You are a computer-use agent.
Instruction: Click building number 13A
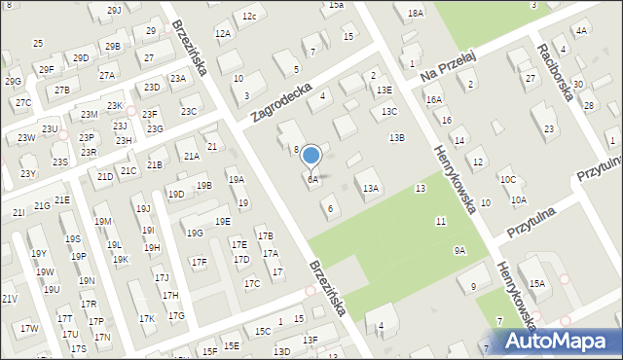pyautogui.click(x=370, y=189)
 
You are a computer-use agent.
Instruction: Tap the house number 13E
pyautogui.click(x=385, y=90)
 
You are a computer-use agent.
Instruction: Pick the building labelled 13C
pyautogui.click(x=389, y=112)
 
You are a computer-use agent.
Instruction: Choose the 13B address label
pyautogui.click(x=396, y=138)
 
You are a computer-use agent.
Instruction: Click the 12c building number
pyautogui.click(x=249, y=17)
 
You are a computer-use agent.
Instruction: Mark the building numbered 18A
pyautogui.click(x=416, y=13)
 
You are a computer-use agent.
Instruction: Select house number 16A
pyautogui.click(x=433, y=99)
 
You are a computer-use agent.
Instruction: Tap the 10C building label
pyautogui.click(x=507, y=180)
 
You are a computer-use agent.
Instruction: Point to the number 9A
pyautogui.click(x=459, y=251)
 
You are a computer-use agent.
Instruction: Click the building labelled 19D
pyautogui.click(x=175, y=194)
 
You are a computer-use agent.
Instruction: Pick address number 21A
pyautogui.click(x=191, y=156)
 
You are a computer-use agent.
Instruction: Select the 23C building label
pyautogui.click(x=189, y=111)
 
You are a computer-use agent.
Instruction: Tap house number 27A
pyautogui.click(x=107, y=75)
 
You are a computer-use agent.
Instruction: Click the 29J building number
pyautogui.click(x=114, y=10)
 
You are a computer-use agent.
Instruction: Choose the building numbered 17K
pyautogui.click(x=146, y=318)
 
